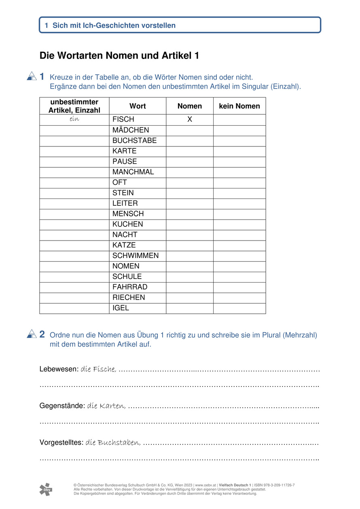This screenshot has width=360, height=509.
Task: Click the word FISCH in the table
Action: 123,120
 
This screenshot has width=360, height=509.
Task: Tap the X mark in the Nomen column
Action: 189,120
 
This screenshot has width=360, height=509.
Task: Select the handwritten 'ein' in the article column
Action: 74,119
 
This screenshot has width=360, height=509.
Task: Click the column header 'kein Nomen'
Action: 239,106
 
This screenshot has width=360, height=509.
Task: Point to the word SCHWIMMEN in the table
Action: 136,256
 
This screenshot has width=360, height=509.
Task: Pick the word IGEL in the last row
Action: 121,308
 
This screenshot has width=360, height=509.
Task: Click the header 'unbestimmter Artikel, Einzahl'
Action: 74,106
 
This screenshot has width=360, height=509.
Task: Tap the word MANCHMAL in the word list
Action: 133,172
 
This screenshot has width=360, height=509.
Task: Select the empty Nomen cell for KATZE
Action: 189,245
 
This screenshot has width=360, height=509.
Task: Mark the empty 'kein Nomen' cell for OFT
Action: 239,183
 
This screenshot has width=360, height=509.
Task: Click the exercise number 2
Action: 42,334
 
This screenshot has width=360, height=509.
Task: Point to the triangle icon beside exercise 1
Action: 32,76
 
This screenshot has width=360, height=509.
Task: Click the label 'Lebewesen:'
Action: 59,369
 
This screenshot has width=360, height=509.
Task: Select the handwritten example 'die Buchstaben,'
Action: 113,443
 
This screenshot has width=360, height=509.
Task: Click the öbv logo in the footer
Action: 46,489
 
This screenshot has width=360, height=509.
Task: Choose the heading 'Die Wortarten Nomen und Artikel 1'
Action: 119,56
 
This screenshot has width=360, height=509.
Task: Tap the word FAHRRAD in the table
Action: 130,287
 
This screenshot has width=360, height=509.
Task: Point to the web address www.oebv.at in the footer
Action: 205,485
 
